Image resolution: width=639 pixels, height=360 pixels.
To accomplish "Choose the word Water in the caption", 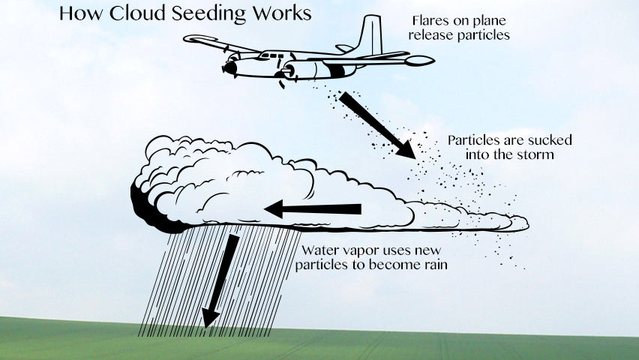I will click(x=320, y=250).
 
